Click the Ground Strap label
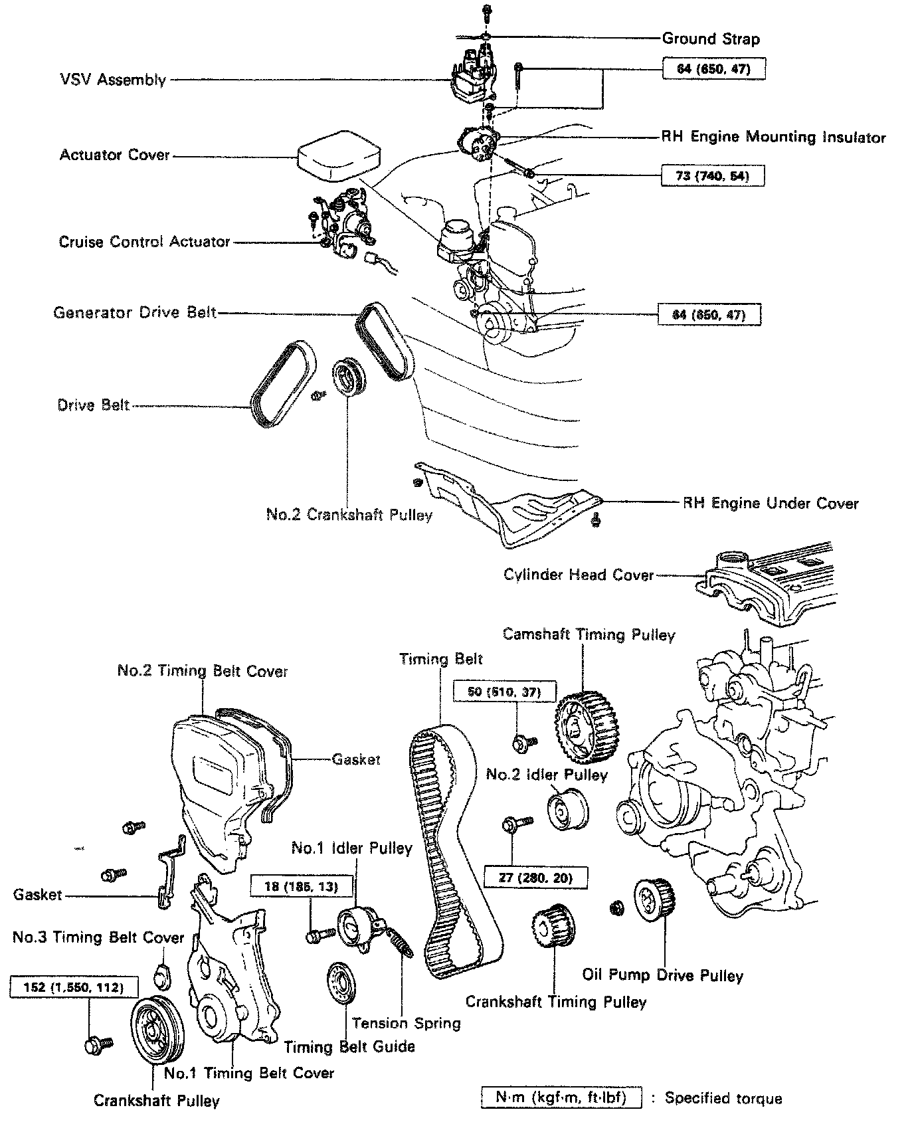coord(710,39)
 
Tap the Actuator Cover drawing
coord(339,156)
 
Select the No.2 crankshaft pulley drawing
coord(348,377)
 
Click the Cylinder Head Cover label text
coord(579,575)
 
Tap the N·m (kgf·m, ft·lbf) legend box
coord(561,1097)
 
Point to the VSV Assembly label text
coord(112,80)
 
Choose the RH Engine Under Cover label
coord(771,503)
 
